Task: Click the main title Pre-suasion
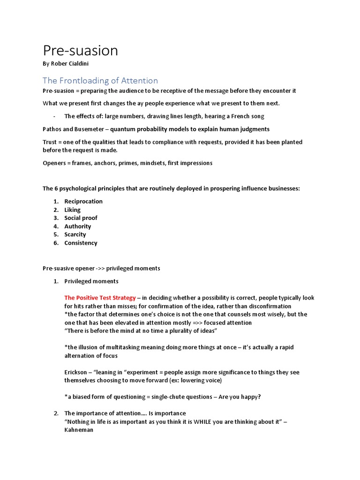tap(80, 50)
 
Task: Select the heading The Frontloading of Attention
tap(100, 80)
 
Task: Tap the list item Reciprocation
tap(83, 201)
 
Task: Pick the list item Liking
tap(73, 210)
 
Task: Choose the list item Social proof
tap(81, 218)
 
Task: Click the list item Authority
tap(78, 226)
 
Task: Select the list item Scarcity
tap(75, 234)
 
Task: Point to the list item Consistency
tap(81, 243)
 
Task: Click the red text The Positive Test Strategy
tap(100, 298)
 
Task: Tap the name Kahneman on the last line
tap(79, 429)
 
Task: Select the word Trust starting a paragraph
tap(51, 142)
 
